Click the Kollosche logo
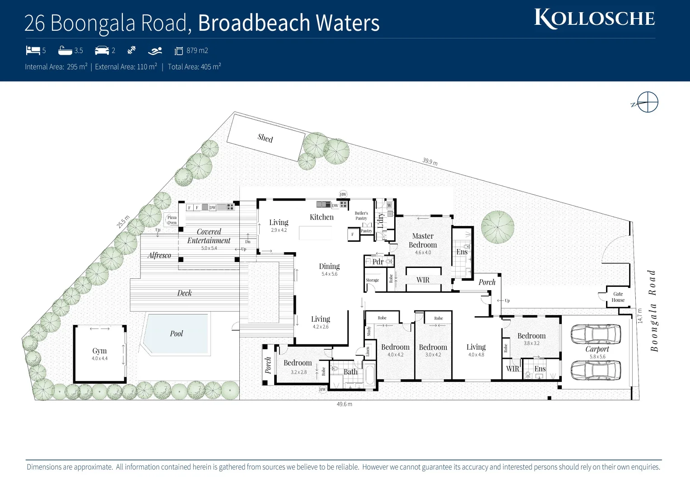[594, 19]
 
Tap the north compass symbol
[647, 102]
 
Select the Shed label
[265, 138]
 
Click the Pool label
[176, 333]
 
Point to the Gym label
[99, 351]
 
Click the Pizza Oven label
[172, 220]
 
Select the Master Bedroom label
[423, 240]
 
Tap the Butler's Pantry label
[361, 216]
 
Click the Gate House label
[618, 297]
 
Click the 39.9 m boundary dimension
[430, 161]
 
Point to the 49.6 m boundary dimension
[344, 404]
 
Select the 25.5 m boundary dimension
[123, 222]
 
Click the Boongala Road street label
[653, 310]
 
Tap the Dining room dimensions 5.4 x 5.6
[329, 274]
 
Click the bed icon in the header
[33, 50]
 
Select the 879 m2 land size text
[197, 51]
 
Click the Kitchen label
[322, 217]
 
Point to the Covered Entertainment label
[209, 236]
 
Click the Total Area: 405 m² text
[194, 67]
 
